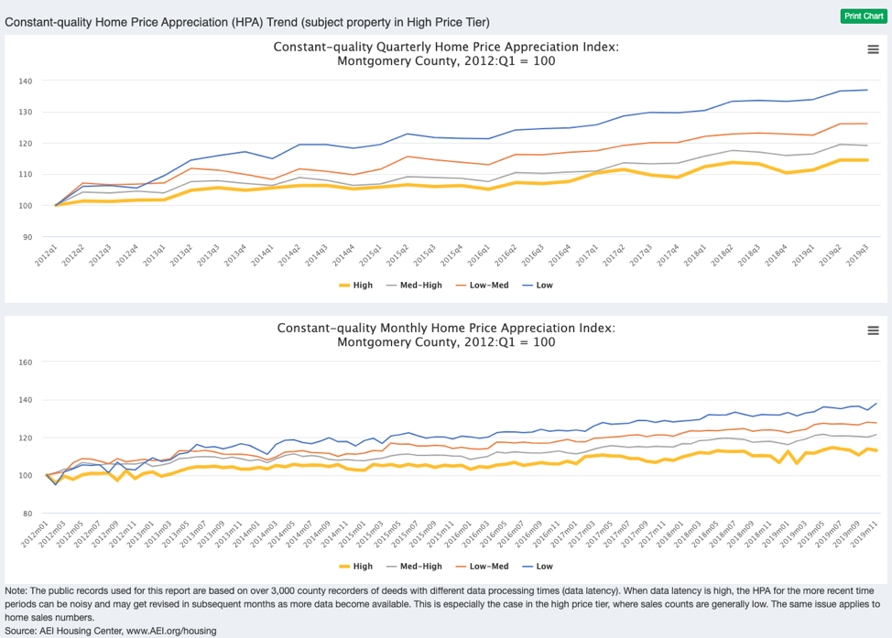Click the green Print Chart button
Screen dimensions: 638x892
coord(862,16)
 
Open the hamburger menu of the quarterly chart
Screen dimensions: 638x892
coord(873,49)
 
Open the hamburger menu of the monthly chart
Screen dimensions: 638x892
coord(873,330)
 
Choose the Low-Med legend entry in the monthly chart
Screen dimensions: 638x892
coord(484,567)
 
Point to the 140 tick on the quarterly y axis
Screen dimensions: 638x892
coord(26,81)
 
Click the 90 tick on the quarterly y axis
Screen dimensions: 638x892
coord(27,237)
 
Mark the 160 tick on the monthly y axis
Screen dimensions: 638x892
coord(26,362)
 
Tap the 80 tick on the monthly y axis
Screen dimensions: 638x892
coord(27,514)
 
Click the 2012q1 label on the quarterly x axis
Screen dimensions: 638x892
coord(44,255)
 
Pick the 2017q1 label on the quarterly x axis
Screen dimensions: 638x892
coord(584,255)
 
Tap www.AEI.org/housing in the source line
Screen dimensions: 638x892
coord(171,631)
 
